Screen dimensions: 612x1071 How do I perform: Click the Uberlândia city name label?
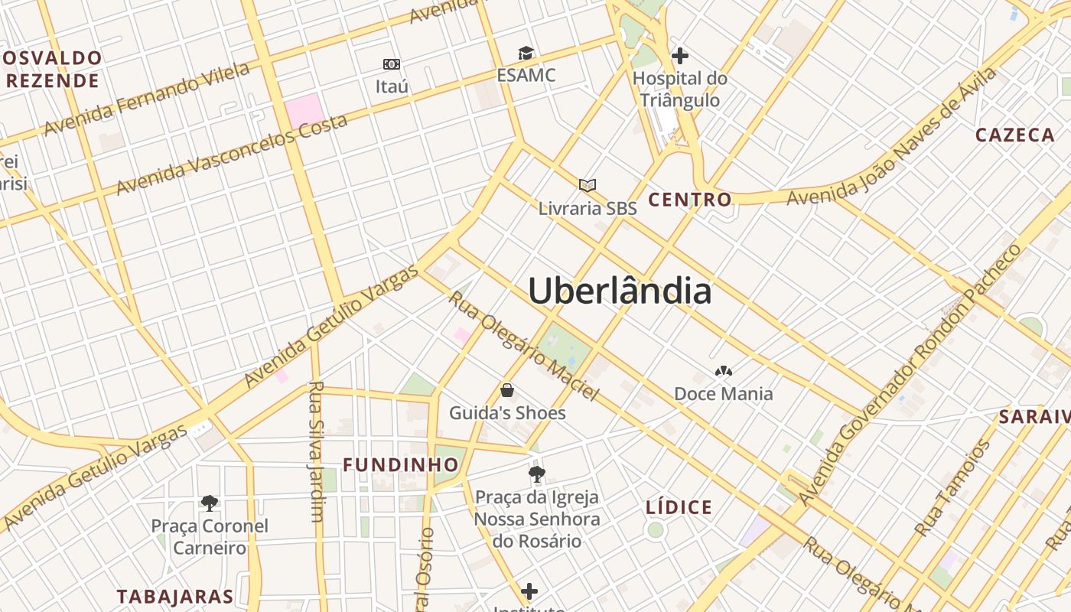[x=620, y=291]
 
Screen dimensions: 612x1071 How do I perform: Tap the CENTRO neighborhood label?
[x=690, y=200]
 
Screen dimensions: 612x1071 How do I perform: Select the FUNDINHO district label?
[x=400, y=465]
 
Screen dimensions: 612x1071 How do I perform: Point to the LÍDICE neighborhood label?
[x=679, y=507]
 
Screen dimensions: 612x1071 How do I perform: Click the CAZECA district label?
[x=1015, y=135]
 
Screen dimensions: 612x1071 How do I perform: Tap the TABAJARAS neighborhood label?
[x=175, y=597]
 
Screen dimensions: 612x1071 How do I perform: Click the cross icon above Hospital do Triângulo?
[x=679, y=56]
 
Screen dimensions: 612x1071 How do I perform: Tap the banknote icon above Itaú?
[x=392, y=64]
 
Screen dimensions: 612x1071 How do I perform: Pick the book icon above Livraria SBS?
[x=588, y=186]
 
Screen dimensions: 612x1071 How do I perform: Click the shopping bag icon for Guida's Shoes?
[x=507, y=391]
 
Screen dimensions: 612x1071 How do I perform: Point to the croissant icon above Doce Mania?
[x=723, y=372]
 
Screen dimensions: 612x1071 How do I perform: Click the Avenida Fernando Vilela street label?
[x=147, y=99]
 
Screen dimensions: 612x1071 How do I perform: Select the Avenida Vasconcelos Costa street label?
[x=232, y=154]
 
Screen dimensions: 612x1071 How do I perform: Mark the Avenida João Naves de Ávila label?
[x=892, y=136]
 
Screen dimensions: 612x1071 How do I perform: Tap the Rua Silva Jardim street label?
[x=316, y=451]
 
